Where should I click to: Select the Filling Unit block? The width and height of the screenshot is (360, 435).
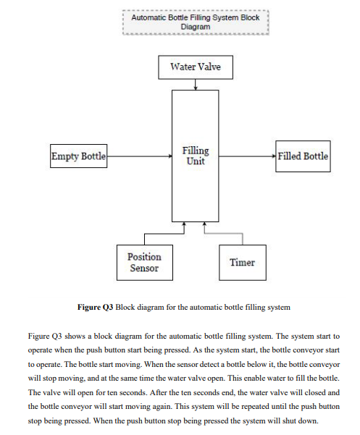pyautogui.click(x=195, y=156)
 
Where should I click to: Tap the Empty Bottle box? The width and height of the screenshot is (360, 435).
pyautogui.click(x=78, y=156)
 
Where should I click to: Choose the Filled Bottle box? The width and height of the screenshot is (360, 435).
pyautogui.click(x=303, y=156)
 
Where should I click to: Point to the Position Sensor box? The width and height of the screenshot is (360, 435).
pyautogui.click(x=144, y=262)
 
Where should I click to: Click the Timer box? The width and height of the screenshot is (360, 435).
pyautogui.click(x=242, y=262)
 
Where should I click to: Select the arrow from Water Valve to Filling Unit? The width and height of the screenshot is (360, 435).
pyautogui.click(x=195, y=85)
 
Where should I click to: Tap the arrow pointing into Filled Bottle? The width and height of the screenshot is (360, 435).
pyautogui.click(x=246, y=156)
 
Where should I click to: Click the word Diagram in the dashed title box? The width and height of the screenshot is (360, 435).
pyautogui.click(x=195, y=27)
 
